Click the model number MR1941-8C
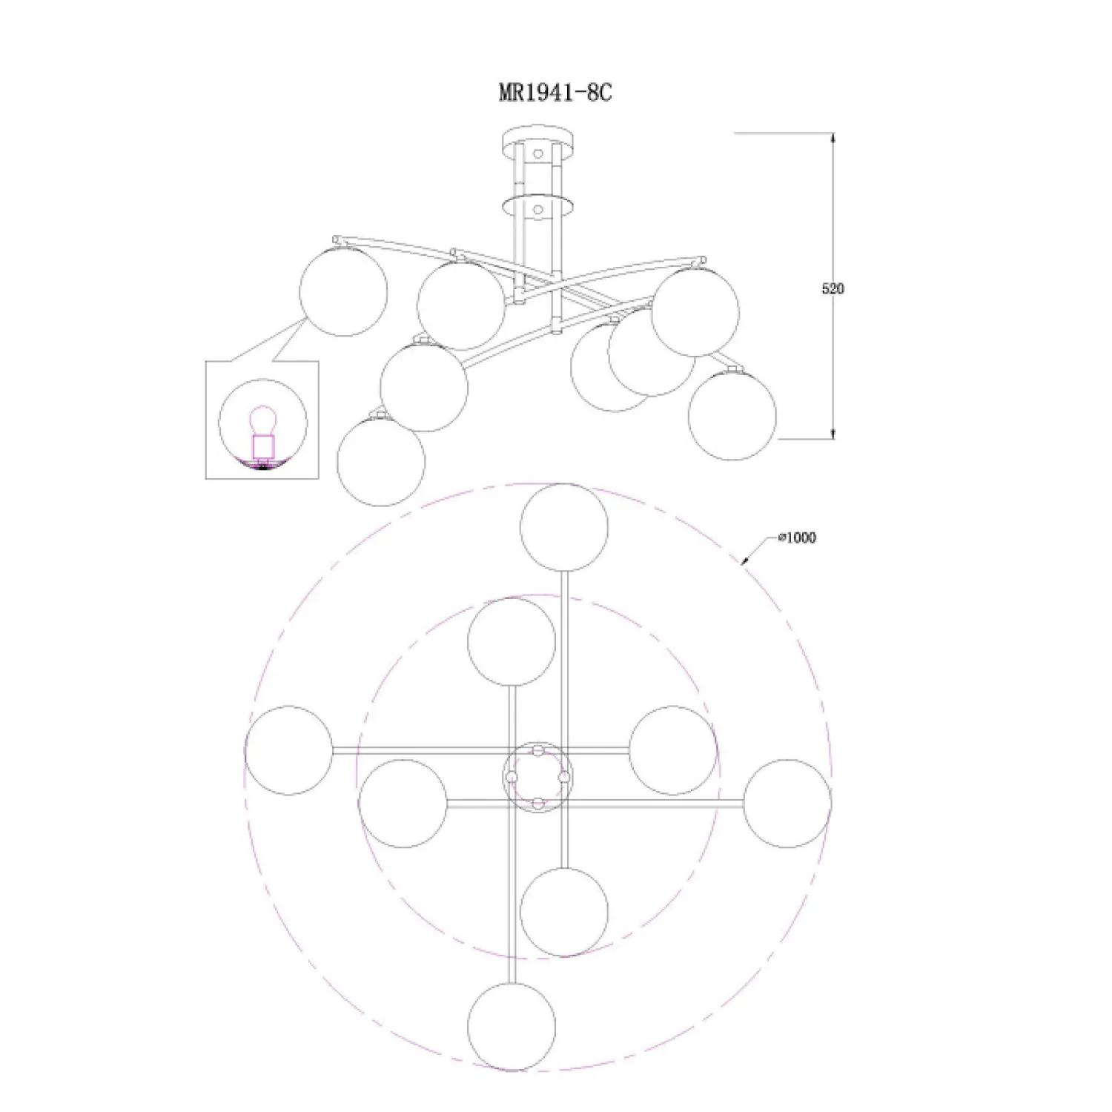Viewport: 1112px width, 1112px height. coord(555,93)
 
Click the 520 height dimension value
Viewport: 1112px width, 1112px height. coord(833,288)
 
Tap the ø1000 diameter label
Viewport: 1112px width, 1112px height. coord(797,537)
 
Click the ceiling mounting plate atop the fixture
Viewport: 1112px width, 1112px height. coord(538,139)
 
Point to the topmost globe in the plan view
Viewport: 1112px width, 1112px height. coord(564,527)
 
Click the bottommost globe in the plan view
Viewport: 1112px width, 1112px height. coord(512,1027)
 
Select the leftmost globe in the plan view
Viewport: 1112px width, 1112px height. coord(288,751)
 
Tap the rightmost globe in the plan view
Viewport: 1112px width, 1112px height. coord(787,803)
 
